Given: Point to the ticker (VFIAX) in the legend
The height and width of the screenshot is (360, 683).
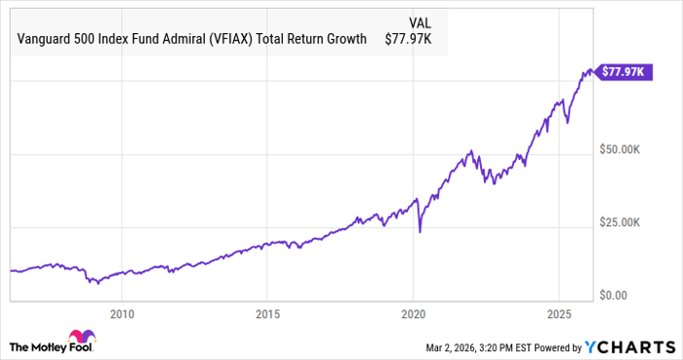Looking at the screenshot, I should (x=230, y=39).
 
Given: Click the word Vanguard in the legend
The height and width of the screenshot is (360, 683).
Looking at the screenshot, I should (x=46, y=39).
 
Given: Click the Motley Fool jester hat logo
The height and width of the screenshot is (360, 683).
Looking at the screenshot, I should (x=22, y=346).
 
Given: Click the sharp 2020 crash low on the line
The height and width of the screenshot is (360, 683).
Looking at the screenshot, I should (x=420, y=231).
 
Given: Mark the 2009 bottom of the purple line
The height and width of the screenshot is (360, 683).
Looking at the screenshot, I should (x=95, y=284).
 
